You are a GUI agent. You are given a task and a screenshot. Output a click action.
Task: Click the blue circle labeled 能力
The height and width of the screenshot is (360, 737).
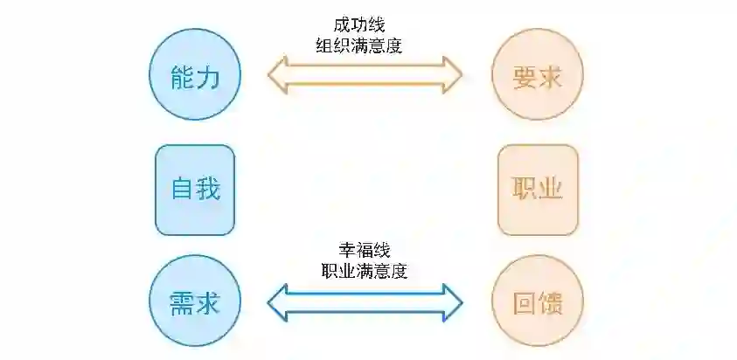[194, 75]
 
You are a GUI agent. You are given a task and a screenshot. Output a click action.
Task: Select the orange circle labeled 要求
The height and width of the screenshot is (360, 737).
[537, 75]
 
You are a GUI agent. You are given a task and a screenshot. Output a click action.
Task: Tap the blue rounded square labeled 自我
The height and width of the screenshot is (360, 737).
[195, 190]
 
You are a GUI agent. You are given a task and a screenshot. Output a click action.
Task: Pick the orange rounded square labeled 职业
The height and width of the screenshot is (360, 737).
[538, 190]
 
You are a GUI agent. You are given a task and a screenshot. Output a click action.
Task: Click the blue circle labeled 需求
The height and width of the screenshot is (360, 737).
[194, 302]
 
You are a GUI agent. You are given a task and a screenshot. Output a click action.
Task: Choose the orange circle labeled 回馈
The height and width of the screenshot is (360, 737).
[537, 302]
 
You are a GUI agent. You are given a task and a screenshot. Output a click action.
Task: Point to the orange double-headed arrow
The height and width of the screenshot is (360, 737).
[365, 75]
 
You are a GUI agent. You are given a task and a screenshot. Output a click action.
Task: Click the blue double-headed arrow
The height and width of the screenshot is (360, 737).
[365, 302]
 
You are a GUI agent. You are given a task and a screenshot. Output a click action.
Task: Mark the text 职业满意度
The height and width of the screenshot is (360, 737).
[364, 270]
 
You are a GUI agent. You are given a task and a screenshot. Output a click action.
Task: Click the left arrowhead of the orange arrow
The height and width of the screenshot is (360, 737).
[279, 75]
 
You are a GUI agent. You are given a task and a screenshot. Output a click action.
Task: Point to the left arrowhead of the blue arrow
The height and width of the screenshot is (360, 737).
[279, 302]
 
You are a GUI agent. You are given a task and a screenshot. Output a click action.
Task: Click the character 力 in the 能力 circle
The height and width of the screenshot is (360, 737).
[209, 75]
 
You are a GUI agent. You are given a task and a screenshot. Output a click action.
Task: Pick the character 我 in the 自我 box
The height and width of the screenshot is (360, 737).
[209, 190]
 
